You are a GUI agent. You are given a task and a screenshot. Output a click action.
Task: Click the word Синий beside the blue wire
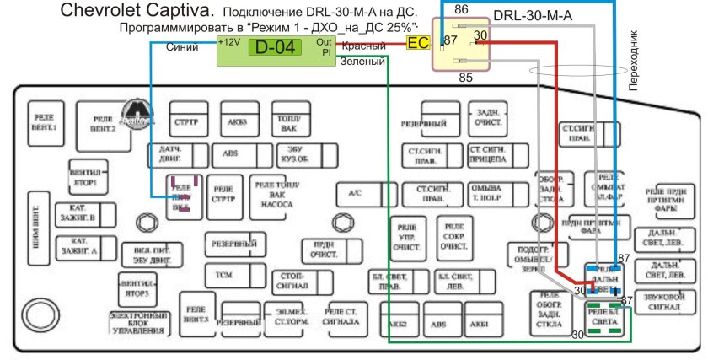(182, 48)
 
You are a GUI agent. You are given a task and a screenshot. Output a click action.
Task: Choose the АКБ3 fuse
(238, 121)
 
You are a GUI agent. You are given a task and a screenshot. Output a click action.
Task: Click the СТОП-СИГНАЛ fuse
(291, 280)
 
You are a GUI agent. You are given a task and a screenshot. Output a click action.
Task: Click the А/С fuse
(355, 194)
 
